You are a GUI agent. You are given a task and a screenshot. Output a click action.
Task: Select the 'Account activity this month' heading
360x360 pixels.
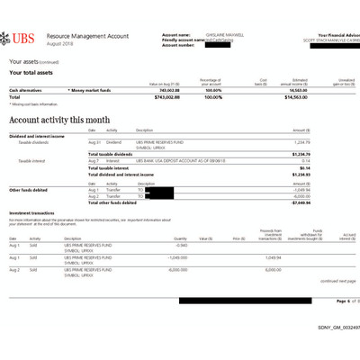point(60,118)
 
